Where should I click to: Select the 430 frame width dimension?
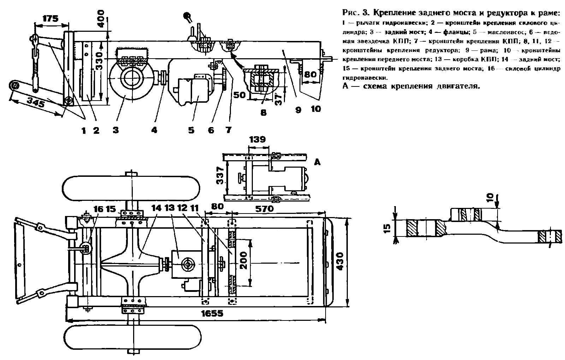pos(340,261)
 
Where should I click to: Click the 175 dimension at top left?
pos(50,18)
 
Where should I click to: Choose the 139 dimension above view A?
pos(257,139)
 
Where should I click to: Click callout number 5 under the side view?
pos(191,130)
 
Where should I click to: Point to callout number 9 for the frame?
pos(298,110)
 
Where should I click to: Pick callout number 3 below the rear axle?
pos(115,130)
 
